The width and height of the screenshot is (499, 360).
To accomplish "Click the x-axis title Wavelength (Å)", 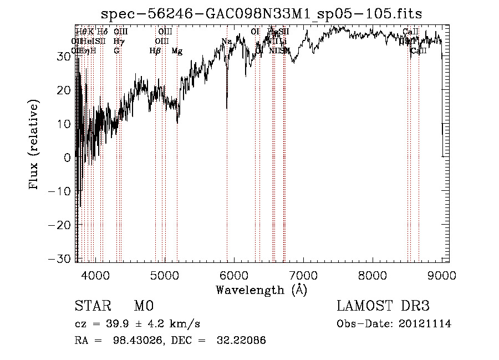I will click(261, 290).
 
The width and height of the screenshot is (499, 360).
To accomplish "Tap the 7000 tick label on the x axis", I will click(303, 275).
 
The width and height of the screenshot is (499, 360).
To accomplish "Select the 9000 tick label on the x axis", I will click(441, 275).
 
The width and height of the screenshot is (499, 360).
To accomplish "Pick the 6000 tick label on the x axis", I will click(234, 275).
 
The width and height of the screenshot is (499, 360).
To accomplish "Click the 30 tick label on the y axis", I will click(63, 56).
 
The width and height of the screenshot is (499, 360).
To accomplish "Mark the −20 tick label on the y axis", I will click(60, 225).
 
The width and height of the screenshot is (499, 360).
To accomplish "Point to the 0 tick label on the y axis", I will click(67, 158).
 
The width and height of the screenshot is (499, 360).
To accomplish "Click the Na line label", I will click(226, 42).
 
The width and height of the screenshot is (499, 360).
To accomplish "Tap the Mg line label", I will click(177, 51).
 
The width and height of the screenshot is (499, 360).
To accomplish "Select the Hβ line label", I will click(155, 51).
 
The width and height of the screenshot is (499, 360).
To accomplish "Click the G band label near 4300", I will click(116, 51).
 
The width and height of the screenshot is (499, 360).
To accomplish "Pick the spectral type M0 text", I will click(143, 306).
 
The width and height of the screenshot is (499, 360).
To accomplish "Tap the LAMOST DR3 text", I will click(383, 306).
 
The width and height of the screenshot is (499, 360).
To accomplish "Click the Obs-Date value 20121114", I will click(425, 324).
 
